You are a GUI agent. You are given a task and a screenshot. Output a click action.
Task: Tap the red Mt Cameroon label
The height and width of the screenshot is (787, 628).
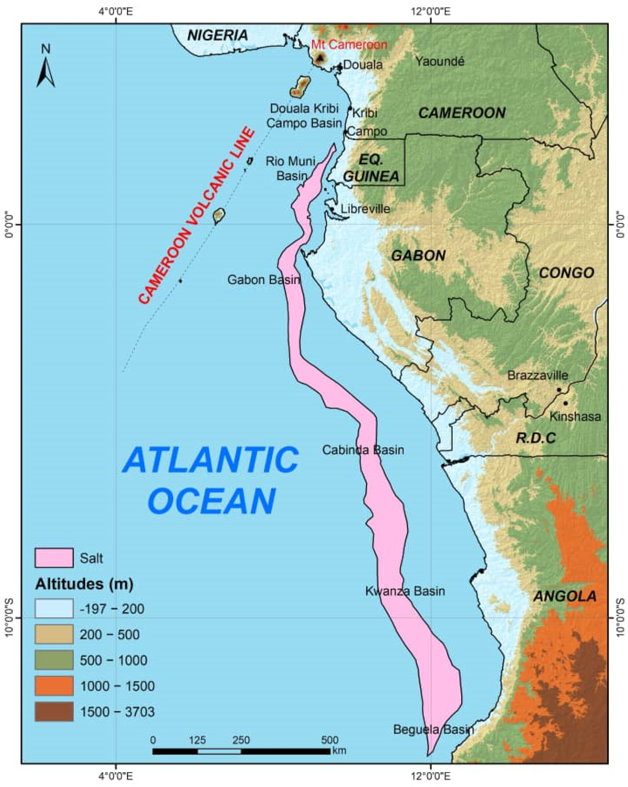tap(349, 45)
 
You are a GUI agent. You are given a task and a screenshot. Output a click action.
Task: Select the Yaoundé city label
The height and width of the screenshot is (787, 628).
tap(439, 61)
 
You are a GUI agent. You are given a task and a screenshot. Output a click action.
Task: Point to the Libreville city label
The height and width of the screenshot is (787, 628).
tap(365, 209)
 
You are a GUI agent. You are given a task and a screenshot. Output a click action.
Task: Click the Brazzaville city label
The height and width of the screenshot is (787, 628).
tap(537, 375)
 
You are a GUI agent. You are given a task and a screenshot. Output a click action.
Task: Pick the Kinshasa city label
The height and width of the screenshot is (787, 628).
tap(575, 416)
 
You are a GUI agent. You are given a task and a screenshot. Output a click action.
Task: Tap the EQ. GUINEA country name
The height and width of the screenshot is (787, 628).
tap(371, 168)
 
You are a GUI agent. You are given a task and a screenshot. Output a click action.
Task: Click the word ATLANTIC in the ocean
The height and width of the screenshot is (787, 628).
tap(211, 459)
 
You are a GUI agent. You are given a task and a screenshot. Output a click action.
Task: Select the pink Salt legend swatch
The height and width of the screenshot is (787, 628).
tap(54, 558)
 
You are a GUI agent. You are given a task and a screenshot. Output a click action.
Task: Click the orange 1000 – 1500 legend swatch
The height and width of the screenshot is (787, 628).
tap(54, 686)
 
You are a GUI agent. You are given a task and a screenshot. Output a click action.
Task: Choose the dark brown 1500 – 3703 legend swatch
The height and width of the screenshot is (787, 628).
tap(54, 711)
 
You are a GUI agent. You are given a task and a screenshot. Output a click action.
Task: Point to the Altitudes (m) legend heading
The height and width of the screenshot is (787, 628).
tap(84, 584)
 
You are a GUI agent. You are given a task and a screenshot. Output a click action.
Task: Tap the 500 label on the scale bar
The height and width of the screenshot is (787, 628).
tap(329, 740)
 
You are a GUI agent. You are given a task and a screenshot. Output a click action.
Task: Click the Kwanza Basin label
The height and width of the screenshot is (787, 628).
tap(405, 591)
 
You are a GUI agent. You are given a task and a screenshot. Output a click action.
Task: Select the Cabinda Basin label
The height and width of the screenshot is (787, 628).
tap(363, 450)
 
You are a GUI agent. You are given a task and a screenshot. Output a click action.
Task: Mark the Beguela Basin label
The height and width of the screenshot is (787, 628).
tap(433, 729)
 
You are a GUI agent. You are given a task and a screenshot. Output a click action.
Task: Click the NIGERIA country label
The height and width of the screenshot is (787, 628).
tap(218, 35)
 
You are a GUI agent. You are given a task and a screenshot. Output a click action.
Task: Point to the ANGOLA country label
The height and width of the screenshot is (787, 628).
tap(565, 596)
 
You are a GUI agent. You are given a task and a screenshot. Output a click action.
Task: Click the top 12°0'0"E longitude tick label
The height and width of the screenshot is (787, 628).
tap(431, 11)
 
